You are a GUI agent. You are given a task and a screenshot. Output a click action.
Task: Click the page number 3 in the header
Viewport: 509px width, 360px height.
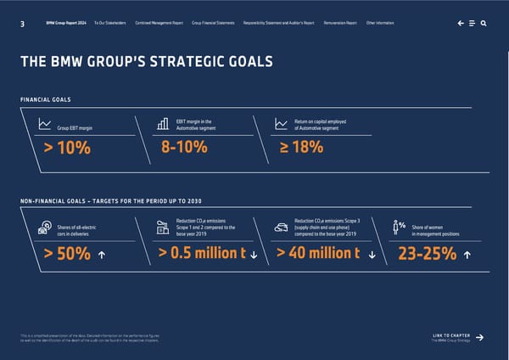pos(20,23)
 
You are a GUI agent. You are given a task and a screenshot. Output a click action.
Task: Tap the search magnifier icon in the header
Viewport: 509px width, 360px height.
pos(483,23)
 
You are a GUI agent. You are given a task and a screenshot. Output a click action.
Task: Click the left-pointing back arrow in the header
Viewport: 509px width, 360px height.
pos(459,23)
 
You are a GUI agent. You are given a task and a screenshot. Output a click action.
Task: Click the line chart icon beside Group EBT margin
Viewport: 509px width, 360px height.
pos(44,125)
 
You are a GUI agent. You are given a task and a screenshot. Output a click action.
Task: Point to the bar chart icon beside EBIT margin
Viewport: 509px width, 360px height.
pos(163,124)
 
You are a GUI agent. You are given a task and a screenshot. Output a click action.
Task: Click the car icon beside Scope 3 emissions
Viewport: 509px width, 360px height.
pos(280,227)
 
